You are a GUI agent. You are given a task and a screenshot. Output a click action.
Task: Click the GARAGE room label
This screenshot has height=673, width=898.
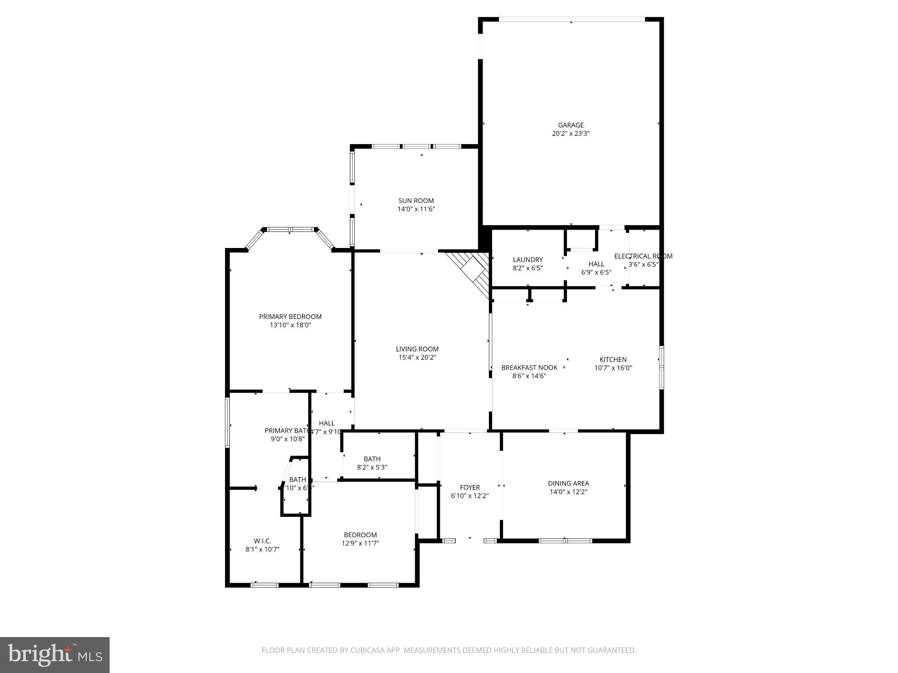coord(570,125)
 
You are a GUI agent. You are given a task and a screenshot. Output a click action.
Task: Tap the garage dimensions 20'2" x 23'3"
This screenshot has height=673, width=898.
coord(570,134)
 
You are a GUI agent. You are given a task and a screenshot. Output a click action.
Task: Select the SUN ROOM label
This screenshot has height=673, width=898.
coord(416,201)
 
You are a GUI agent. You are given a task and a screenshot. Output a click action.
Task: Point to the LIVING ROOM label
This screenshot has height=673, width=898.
coord(417,349)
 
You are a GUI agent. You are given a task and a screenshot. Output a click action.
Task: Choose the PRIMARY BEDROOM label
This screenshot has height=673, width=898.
coord(290,316)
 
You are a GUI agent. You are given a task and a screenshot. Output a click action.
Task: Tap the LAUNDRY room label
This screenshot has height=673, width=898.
coord(527,259)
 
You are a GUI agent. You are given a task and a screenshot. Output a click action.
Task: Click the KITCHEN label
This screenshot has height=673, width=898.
coord(613,359)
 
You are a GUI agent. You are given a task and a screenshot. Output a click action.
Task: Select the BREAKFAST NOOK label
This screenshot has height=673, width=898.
coord(529,367)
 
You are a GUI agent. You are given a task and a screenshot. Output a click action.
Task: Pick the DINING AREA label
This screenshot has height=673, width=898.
coord(568,483)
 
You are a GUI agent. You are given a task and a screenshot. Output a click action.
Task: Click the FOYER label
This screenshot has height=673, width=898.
coord(470,487)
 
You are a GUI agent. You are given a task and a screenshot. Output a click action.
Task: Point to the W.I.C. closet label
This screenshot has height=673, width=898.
coord(262,541)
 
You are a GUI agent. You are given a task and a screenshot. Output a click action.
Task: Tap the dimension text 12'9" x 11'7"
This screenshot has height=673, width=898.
coord(360,543)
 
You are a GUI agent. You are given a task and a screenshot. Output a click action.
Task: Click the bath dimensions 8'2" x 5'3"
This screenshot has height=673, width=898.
coord(372,467)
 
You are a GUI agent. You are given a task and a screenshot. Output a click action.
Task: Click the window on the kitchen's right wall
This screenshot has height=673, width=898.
coord(661,367)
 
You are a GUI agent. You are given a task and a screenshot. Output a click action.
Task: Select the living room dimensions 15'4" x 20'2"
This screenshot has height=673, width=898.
coord(417,358)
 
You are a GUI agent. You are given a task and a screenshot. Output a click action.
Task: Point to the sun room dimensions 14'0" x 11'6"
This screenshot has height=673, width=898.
coord(416,209)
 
